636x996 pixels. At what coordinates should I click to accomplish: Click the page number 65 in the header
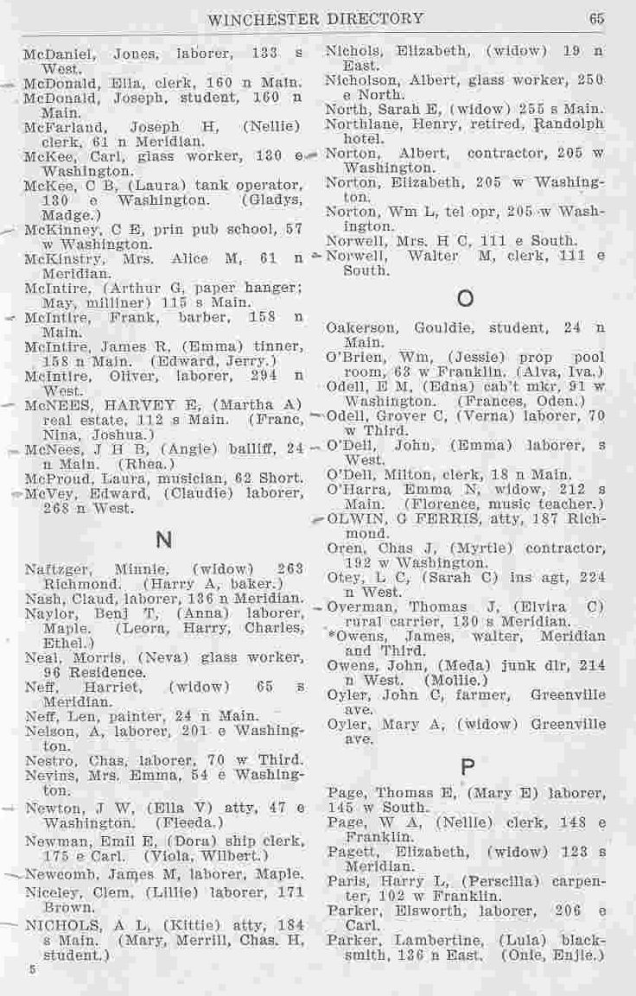pyautogui.click(x=597, y=17)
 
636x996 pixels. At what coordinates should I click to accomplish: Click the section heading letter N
pyautogui.click(x=161, y=541)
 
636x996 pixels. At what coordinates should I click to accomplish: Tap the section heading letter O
pyautogui.click(x=465, y=300)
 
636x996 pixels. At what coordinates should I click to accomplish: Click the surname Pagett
pyautogui.click(x=351, y=852)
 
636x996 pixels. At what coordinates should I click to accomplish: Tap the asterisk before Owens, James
pyautogui.click(x=331, y=636)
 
